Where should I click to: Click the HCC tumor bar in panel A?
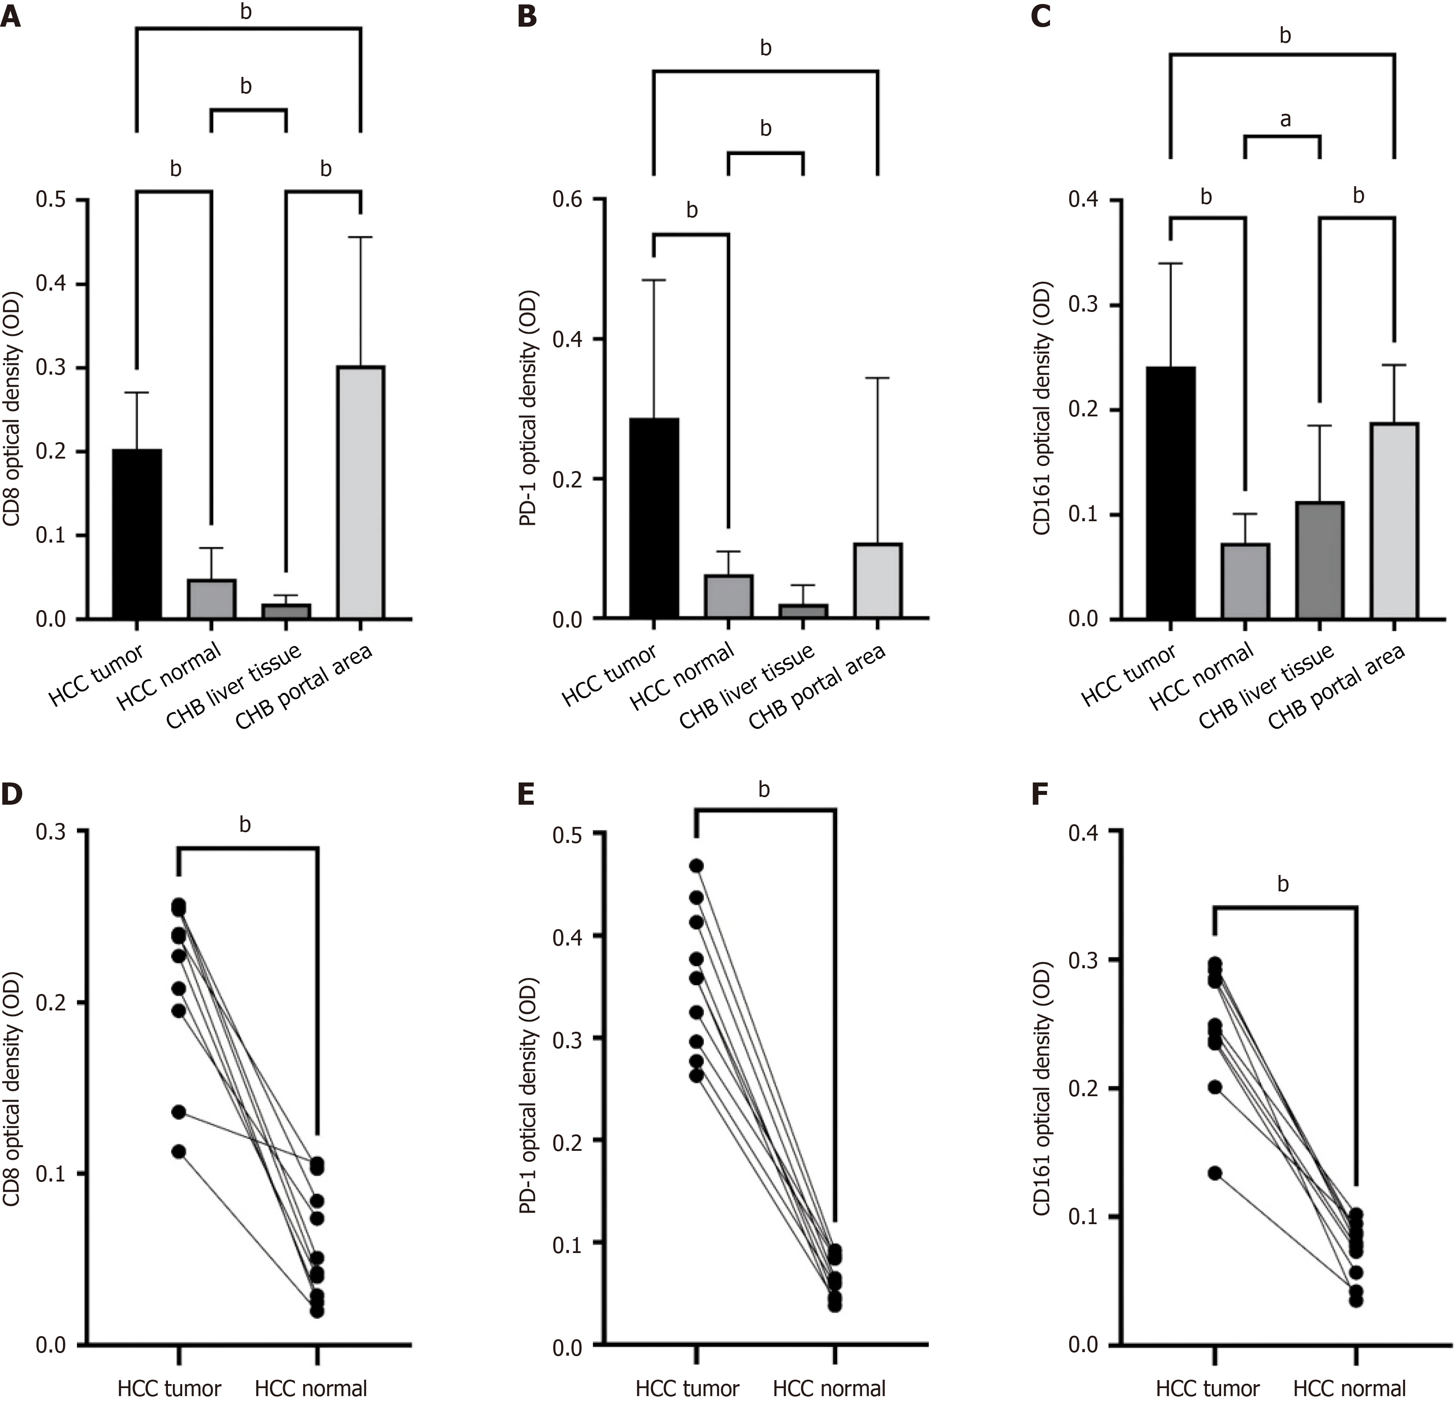(x=137, y=534)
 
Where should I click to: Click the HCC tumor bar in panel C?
(x=1170, y=493)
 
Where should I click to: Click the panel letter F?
(x=1042, y=794)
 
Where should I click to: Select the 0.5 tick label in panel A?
(x=51, y=200)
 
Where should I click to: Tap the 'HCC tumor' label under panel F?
(x=1208, y=1389)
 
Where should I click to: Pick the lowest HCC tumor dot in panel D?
(x=179, y=1152)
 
